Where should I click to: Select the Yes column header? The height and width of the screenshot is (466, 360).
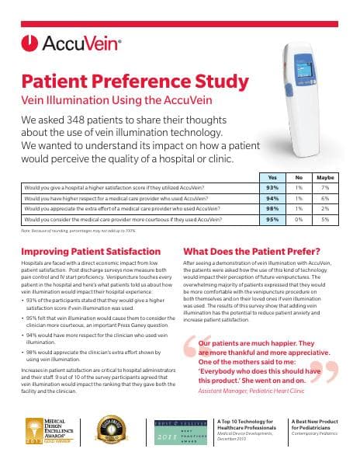[272, 177]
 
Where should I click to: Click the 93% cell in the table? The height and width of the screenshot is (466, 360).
[272, 187]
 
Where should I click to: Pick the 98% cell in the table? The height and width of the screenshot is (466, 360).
[272, 208]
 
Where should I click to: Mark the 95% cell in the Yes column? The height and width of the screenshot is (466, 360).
[272, 219]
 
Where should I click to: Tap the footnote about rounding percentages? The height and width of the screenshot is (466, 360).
[78, 231]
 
